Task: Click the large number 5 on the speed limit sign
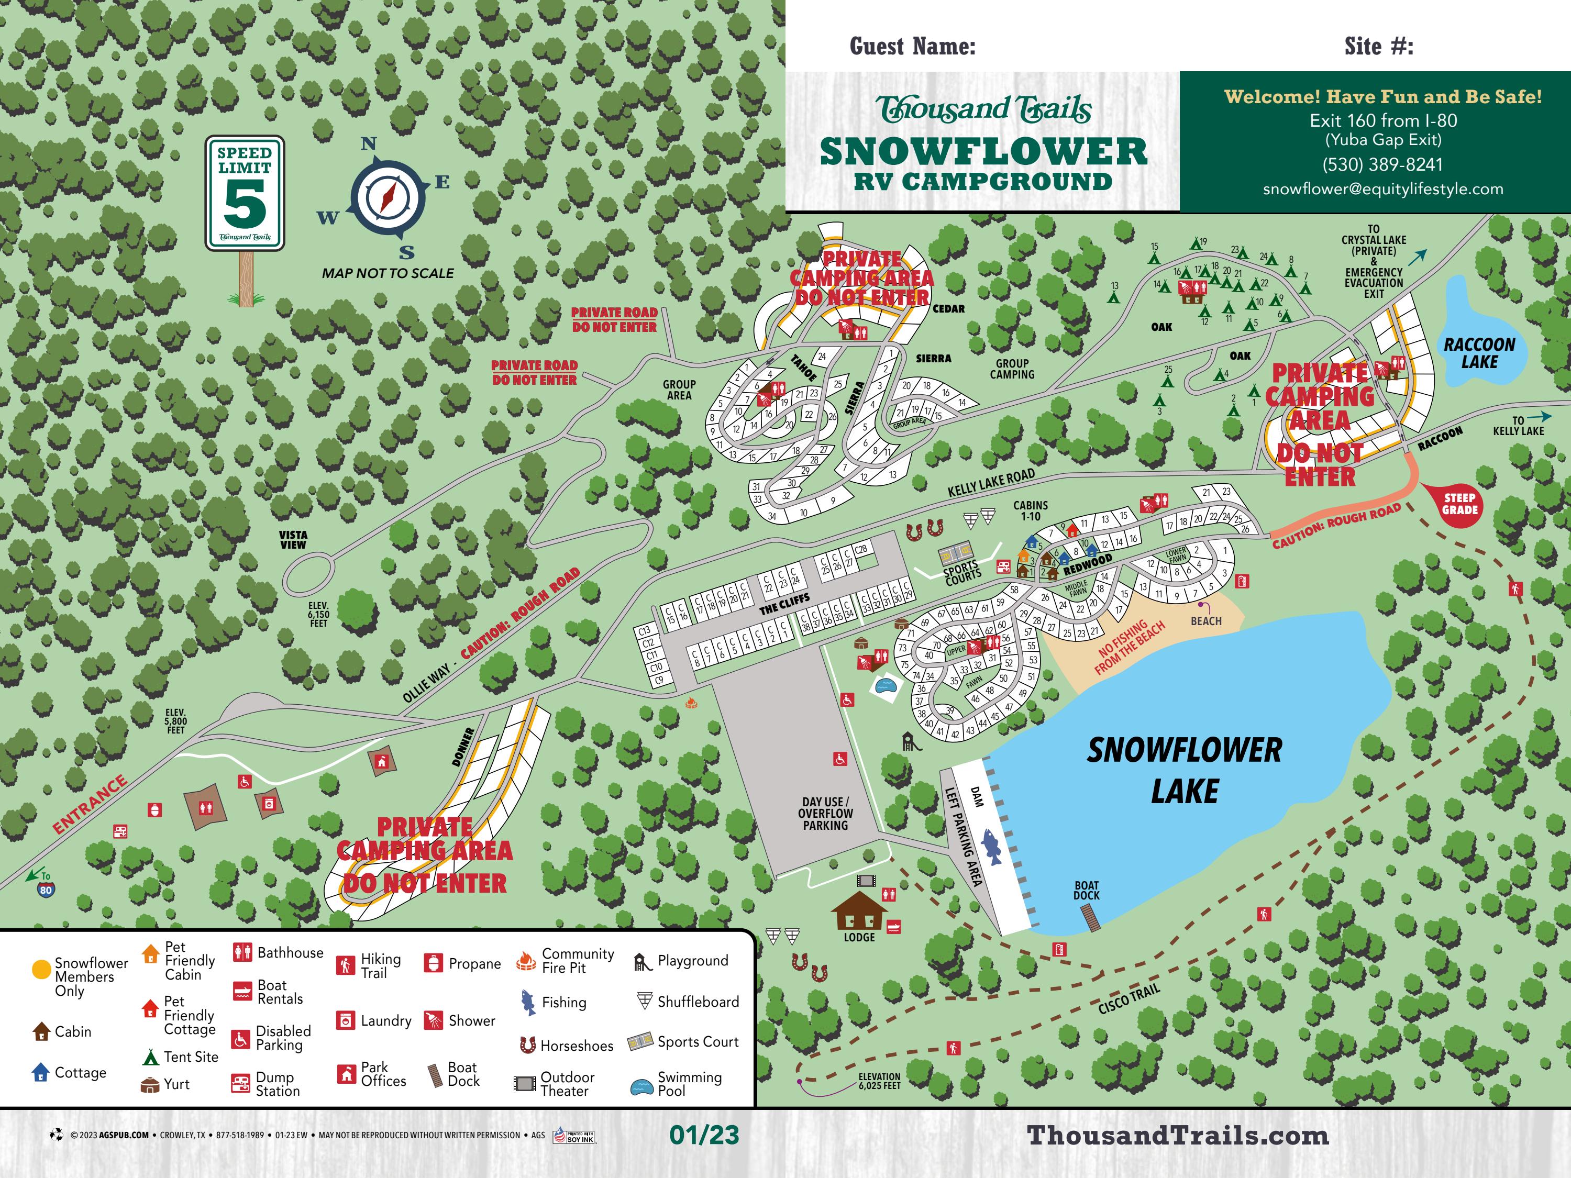(245, 203)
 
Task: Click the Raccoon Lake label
(1479, 353)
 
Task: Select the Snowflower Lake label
(1184, 771)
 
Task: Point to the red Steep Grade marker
(1459, 504)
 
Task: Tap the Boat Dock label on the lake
(1086, 891)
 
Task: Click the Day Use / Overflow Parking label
(825, 814)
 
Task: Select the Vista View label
(293, 540)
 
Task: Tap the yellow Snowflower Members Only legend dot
(41, 969)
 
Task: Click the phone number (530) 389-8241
(1382, 165)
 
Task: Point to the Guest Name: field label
(913, 47)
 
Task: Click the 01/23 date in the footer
(704, 1135)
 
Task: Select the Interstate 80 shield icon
(46, 890)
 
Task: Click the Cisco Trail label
(1129, 999)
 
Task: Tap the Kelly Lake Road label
(991, 483)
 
